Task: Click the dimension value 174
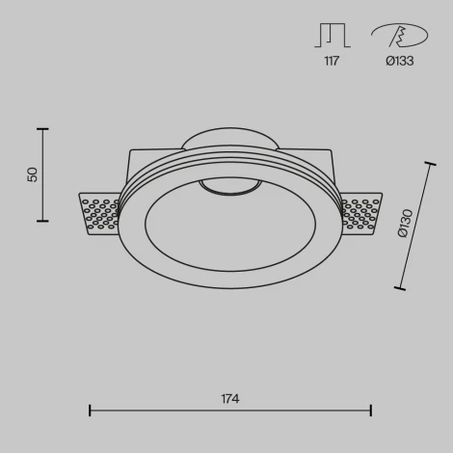point(229,398)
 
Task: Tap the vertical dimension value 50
point(32,174)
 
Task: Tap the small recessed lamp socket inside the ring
point(229,187)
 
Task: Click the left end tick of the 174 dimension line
point(90,411)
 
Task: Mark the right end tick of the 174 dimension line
point(371,411)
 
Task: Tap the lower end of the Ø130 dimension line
point(400,286)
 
